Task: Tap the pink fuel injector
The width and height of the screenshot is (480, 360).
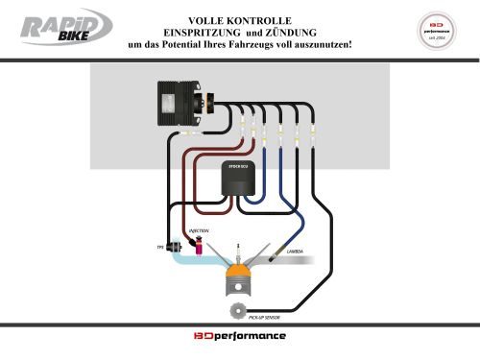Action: pyautogui.click(x=198, y=250)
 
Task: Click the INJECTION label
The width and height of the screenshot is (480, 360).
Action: pyautogui.click(x=199, y=231)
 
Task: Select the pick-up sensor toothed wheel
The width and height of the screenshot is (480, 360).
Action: pyautogui.click(x=236, y=310)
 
